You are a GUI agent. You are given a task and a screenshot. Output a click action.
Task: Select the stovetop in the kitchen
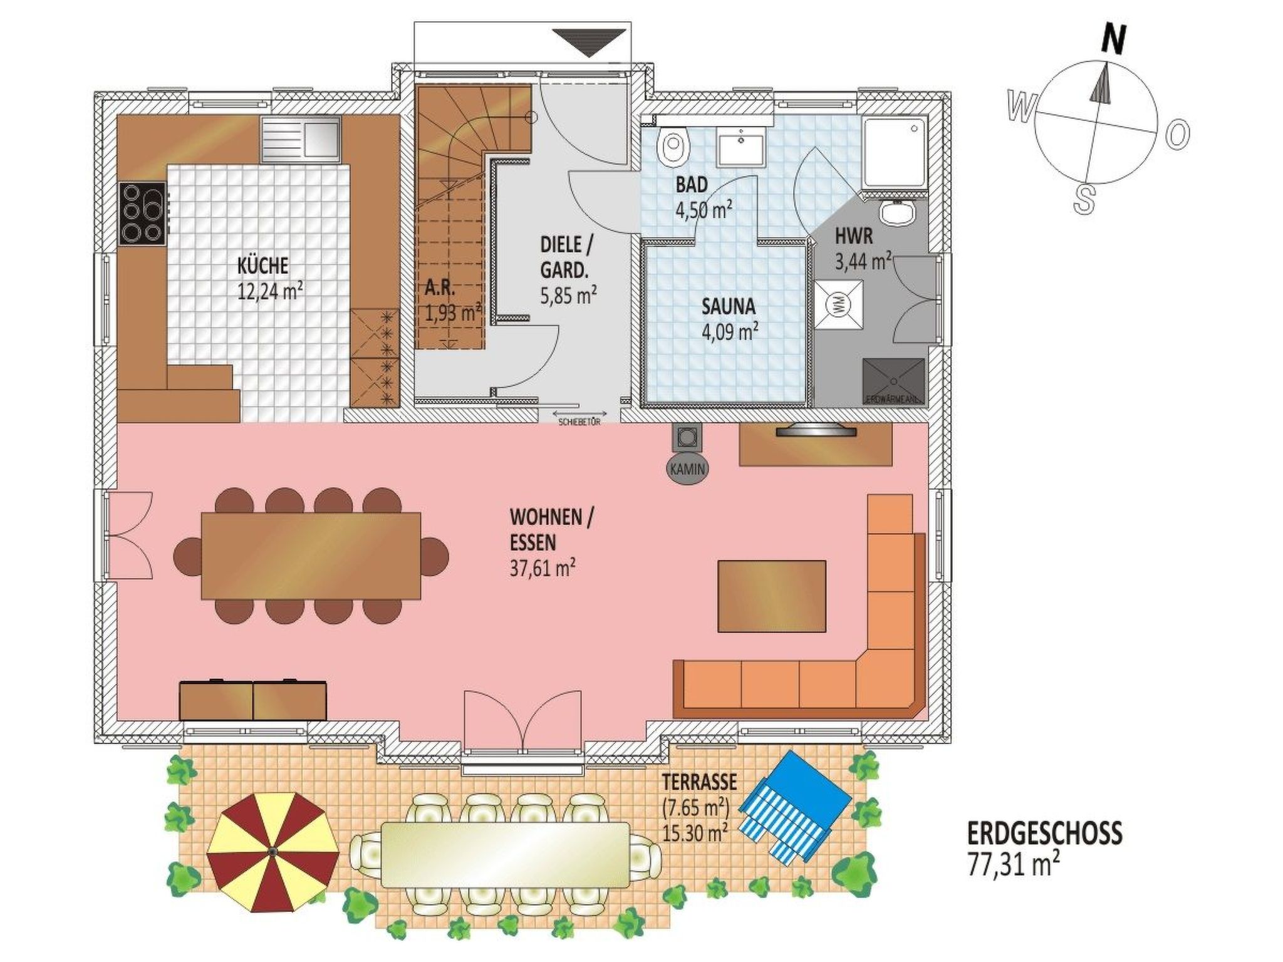(x=143, y=214)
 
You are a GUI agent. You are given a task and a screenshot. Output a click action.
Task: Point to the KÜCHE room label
(x=262, y=266)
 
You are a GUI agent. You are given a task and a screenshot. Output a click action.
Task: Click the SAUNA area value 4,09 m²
(x=730, y=330)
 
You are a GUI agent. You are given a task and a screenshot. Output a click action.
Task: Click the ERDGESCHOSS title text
(x=1044, y=834)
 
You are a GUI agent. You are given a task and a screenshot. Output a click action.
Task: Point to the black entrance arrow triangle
(x=590, y=42)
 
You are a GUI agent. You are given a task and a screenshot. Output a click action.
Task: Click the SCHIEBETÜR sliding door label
(x=579, y=422)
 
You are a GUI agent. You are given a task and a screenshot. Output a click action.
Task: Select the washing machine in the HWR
(x=839, y=304)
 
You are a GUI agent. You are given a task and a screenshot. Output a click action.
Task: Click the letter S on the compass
(x=1084, y=199)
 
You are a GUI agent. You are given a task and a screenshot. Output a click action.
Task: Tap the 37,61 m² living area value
(x=543, y=568)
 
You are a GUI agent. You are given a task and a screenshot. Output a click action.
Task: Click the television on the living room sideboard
(x=814, y=431)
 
